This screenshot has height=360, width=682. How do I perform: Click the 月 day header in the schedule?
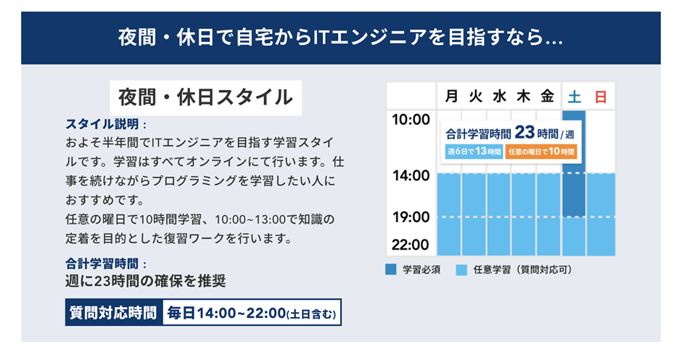tap(451, 96)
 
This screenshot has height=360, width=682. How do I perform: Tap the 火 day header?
tap(475, 96)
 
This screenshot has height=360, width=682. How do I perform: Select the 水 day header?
tap(499, 96)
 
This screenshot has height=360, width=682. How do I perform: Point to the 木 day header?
tap(523, 96)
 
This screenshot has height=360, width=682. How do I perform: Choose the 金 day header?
tap(547, 96)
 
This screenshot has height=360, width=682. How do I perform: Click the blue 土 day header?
tap(574, 97)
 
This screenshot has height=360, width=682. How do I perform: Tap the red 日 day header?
tap(601, 97)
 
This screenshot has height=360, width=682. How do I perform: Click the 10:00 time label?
tap(411, 119)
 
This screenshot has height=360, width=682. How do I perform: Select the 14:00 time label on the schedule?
tap(411, 176)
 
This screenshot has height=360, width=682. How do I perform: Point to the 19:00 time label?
tap(411, 217)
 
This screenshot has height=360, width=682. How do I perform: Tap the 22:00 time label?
tap(411, 245)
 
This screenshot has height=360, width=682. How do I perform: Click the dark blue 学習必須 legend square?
tap(390, 269)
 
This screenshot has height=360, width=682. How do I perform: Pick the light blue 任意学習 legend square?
tap(461, 269)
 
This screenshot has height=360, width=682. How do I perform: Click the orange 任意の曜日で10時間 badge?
tap(541, 152)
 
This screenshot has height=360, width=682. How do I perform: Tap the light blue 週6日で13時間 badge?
tap(474, 152)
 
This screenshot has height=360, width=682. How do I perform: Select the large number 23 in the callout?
tap(525, 132)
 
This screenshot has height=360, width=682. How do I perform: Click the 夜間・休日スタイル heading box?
tap(205, 97)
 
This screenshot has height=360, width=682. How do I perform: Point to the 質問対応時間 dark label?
tap(114, 313)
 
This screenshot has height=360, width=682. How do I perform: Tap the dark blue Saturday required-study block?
tap(574, 164)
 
